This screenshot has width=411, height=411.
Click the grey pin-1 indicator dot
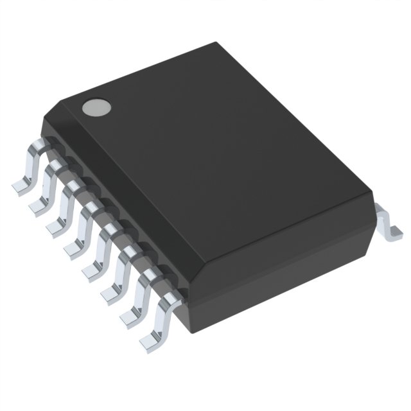(x=94, y=107)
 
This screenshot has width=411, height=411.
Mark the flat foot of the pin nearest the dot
(x=19, y=186)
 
